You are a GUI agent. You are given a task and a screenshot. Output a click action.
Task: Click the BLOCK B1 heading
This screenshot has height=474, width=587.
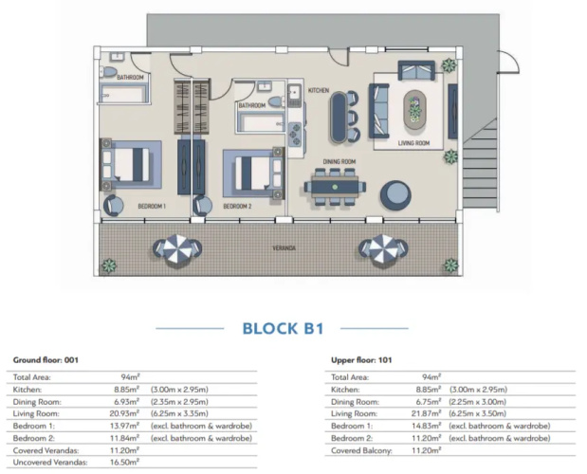(x=283, y=328)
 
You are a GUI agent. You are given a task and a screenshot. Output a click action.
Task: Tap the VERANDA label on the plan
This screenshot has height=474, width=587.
(x=284, y=248)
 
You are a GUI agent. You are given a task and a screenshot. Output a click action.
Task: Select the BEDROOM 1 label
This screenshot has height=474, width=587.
(x=152, y=206)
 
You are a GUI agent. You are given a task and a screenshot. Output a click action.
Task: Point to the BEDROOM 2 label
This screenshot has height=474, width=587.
(x=237, y=206)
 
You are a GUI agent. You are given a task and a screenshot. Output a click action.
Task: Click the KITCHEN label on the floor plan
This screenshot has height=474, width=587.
(x=319, y=90)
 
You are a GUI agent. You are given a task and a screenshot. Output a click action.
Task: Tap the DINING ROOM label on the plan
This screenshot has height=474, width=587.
(x=339, y=161)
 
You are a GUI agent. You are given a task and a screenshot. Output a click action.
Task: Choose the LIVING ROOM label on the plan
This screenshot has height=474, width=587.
(x=413, y=143)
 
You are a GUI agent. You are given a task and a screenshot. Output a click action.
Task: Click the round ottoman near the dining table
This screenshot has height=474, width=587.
(x=395, y=195)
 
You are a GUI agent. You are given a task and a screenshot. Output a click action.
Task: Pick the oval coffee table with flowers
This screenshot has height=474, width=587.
(x=414, y=110)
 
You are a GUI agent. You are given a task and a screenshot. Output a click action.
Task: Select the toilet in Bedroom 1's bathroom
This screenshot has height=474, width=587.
(x=108, y=72)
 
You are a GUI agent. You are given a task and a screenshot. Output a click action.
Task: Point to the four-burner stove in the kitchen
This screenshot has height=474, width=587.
(x=294, y=134)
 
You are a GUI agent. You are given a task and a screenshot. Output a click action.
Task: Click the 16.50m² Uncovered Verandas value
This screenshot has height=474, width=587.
(x=124, y=462)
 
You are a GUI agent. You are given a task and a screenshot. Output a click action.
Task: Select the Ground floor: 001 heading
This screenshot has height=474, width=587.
(x=46, y=360)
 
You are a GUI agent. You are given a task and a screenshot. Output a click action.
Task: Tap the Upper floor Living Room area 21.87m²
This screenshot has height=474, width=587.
(x=427, y=413)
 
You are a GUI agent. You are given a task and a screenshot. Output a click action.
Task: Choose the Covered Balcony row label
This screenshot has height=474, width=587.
(x=361, y=450)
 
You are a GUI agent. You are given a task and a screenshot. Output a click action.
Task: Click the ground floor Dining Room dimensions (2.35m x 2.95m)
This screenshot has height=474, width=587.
(x=179, y=402)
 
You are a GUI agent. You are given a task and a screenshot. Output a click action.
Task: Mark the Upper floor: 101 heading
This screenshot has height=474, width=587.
(x=361, y=360)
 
